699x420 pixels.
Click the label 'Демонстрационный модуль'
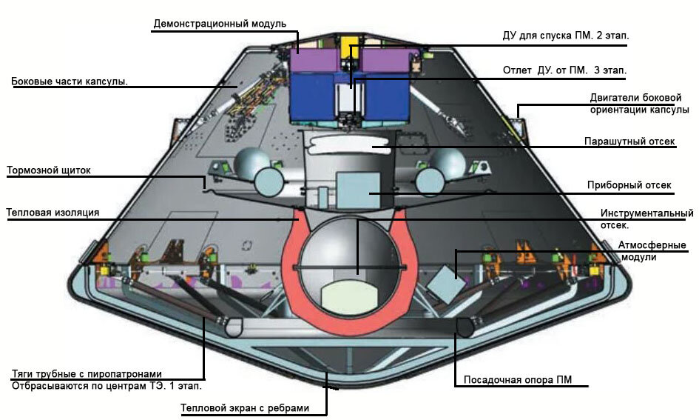220,24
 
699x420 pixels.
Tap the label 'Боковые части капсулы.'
70,81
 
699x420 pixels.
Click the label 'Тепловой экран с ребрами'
244,408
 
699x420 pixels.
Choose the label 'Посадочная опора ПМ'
515,381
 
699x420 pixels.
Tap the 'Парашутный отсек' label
629,141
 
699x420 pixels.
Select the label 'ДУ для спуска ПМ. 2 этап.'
565,35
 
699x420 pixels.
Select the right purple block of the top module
388,61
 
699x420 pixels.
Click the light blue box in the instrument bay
357,190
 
